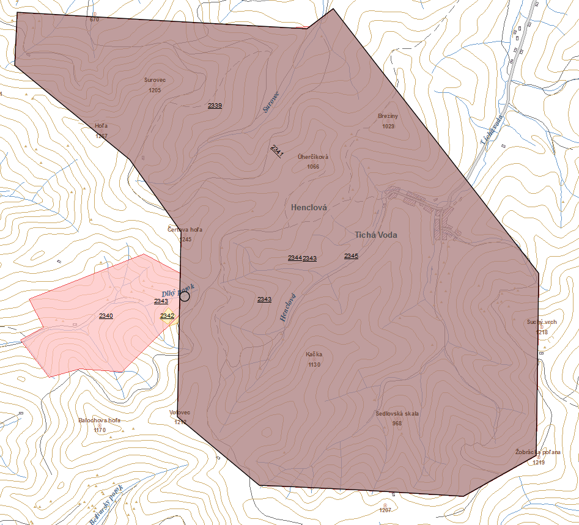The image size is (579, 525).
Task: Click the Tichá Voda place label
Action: [376, 235]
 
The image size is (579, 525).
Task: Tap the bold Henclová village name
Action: [309, 208]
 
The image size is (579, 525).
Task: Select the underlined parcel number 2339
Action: [215, 106]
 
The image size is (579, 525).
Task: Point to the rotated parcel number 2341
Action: [276, 150]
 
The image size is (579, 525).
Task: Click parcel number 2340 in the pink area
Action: [106, 315]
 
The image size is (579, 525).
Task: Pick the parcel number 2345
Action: [351, 256]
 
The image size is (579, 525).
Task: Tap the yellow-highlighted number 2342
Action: [168, 316]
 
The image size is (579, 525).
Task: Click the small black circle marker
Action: [185, 296]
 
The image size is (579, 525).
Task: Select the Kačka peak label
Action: [314, 354]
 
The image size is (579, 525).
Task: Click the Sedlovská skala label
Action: [397, 414]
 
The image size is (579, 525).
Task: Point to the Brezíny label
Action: [388, 116]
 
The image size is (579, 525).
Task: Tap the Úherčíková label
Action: [313, 157]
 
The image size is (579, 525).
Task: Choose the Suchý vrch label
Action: [542, 321]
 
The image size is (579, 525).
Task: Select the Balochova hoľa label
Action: [100, 420]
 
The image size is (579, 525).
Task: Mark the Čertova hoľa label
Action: [185, 230]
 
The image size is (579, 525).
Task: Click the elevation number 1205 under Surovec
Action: [155, 90]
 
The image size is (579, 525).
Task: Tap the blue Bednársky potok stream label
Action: [106, 505]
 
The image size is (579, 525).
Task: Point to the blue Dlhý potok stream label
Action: [178, 290]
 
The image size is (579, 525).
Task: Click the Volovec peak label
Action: [179, 413]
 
